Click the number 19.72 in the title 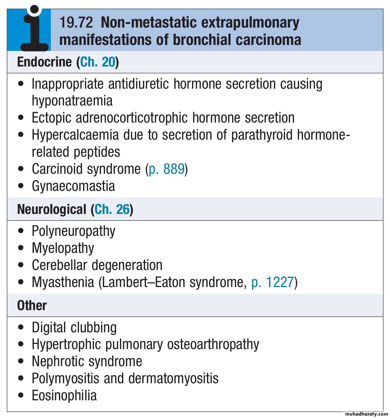[76, 22]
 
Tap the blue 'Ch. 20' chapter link [97, 62]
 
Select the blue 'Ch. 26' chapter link [112, 209]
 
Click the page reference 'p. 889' [167, 169]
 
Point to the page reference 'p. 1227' [272, 282]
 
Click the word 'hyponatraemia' [72, 101]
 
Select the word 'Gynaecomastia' [73, 186]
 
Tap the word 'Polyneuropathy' [73, 231]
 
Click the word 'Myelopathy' [63, 248]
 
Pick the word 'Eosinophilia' [64, 396]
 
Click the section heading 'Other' [32, 306]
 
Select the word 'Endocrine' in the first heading [44, 62]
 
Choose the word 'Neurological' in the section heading [52, 209]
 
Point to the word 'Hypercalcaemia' [75, 135]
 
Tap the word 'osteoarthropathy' [213, 344]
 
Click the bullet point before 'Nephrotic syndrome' [21, 361]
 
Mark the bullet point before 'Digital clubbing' [21, 327]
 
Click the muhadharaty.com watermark [366, 414]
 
